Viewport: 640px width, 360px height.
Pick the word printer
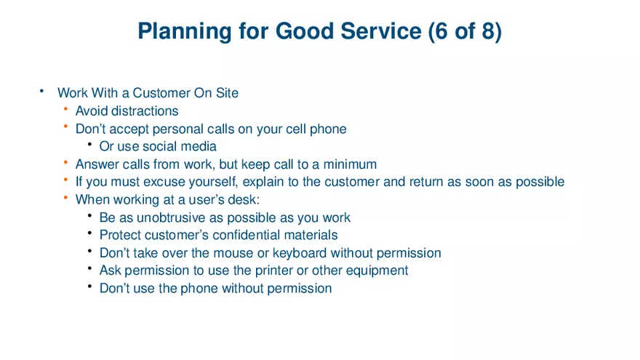coord(261,271)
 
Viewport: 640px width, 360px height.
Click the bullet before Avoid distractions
coord(65,110)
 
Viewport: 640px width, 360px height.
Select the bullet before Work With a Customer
coord(42,92)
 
